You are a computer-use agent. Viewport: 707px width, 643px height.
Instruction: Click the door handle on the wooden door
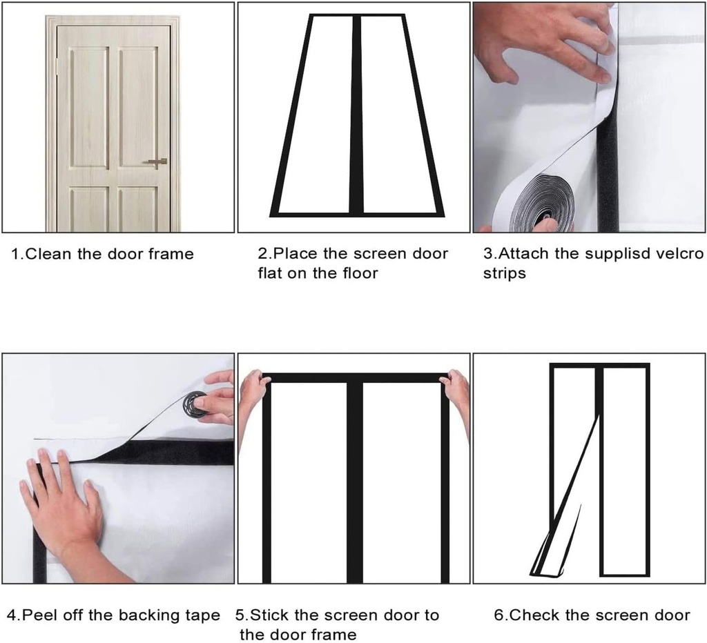pos(157,161)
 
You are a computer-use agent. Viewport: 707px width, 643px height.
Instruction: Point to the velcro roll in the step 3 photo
pos(535,202)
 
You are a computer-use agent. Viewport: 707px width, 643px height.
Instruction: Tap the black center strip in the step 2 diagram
pos(356,114)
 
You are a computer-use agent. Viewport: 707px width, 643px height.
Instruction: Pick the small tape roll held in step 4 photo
pos(195,404)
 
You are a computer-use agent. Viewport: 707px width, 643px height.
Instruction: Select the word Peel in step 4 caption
pos(41,615)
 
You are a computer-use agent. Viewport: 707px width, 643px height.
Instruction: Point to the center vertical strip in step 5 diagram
pos(355,483)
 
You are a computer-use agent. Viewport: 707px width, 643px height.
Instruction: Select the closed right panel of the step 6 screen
pos(625,469)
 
